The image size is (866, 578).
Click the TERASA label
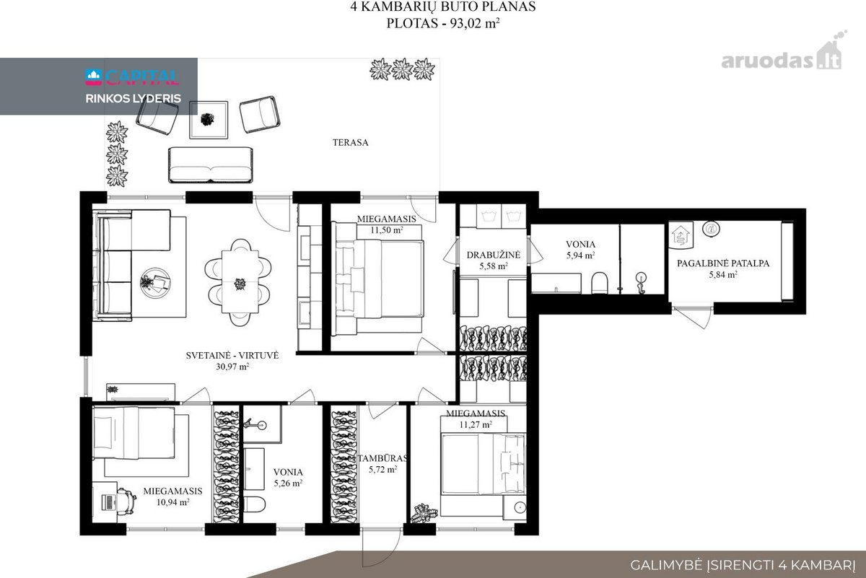(x=350, y=142)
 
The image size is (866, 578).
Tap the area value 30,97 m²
(x=232, y=367)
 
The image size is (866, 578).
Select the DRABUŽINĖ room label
(x=494, y=255)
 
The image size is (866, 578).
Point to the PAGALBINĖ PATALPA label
(x=723, y=263)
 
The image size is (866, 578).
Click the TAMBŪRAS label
(x=382, y=458)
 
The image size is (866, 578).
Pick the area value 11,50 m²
(x=387, y=230)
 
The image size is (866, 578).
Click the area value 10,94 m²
(x=172, y=502)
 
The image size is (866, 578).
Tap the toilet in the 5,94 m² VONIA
(x=600, y=283)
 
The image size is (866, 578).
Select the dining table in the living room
(x=240, y=281)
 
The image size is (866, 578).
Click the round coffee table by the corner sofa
(x=155, y=283)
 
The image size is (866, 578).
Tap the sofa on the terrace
(x=210, y=165)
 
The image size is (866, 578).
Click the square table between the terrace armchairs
(x=209, y=120)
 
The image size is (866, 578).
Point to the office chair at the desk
(x=126, y=501)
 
